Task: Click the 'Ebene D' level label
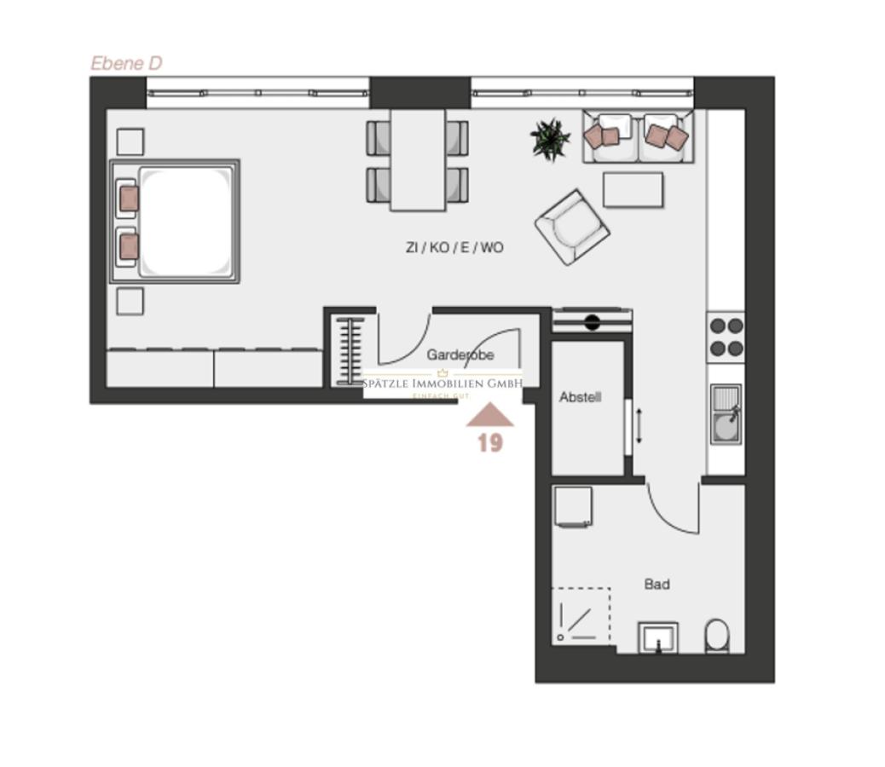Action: [126, 63]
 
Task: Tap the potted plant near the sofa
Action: [550, 139]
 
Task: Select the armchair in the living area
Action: [572, 227]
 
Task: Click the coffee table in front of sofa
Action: [633, 189]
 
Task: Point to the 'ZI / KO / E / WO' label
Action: [454, 248]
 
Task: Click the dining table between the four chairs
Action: [418, 159]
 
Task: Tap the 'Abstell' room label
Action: [581, 397]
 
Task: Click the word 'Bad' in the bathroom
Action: [657, 585]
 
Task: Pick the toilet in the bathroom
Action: [717, 636]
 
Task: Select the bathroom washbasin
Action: [658, 637]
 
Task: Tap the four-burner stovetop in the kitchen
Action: [726, 336]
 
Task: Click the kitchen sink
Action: [726, 413]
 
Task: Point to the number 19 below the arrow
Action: [489, 442]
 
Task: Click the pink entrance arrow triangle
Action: [489, 416]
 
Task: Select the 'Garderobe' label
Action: [460, 355]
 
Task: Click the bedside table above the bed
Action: [130, 141]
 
